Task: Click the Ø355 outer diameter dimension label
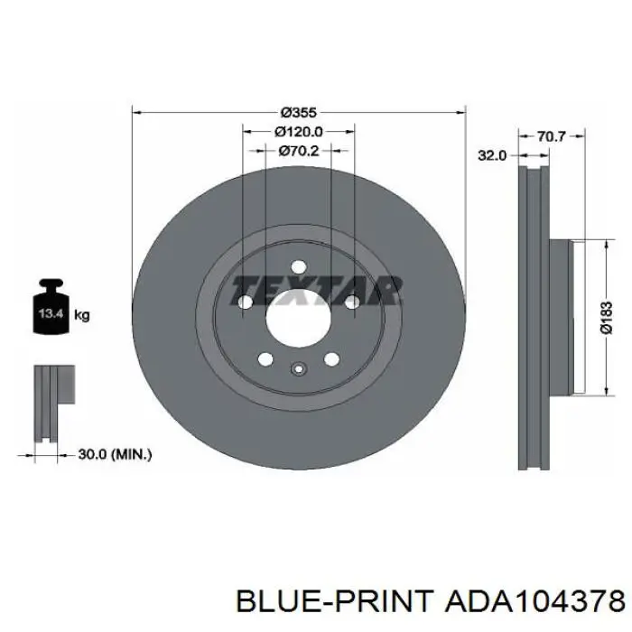click(299, 113)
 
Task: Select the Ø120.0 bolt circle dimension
click(299, 132)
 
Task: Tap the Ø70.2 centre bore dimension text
click(299, 151)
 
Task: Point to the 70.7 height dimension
click(552, 136)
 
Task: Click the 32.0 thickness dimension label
click(492, 155)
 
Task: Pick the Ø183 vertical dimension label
click(606, 317)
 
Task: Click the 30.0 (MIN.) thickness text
click(115, 455)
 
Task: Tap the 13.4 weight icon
click(51, 307)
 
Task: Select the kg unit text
click(82, 315)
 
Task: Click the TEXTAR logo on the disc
click(316, 290)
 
